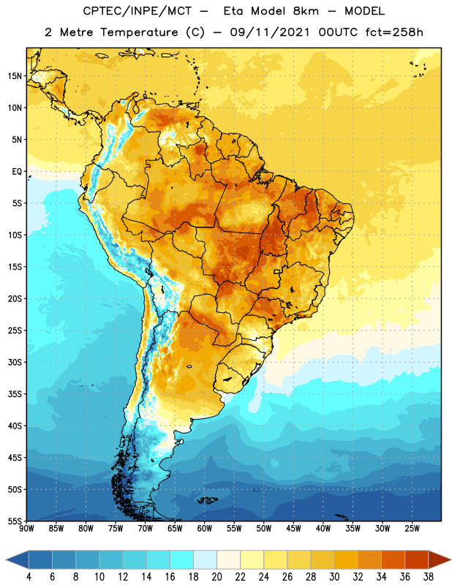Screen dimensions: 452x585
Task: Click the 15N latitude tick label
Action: [x=15, y=76]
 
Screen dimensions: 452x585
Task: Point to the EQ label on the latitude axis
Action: [x=17, y=172]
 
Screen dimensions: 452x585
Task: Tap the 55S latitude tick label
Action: [x=15, y=521]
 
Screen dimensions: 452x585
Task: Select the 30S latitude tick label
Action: [x=15, y=362]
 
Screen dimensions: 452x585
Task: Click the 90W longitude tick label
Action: [x=26, y=528]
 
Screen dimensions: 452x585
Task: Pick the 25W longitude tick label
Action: [x=412, y=528]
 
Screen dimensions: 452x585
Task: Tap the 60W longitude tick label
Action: [x=205, y=528]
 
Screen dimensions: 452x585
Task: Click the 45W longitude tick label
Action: [x=293, y=528]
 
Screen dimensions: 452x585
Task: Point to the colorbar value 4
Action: [x=29, y=577]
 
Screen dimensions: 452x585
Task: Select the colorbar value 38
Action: [x=429, y=577]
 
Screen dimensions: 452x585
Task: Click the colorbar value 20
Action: [x=216, y=577]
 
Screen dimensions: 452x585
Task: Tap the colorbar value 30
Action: [x=334, y=577]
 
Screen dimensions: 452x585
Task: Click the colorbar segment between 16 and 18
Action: [x=182, y=559]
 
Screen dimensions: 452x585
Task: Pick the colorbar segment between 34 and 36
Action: [x=393, y=559]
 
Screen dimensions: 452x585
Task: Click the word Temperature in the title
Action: [x=139, y=32]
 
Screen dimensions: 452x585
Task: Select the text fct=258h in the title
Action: [x=394, y=32]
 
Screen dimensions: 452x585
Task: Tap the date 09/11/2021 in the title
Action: [x=270, y=32]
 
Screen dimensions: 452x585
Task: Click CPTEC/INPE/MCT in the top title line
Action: [x=137, y=11]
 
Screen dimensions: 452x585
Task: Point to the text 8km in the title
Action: [x=306, y=11]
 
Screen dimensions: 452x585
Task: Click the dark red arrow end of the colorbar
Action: [x=439, y=559]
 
